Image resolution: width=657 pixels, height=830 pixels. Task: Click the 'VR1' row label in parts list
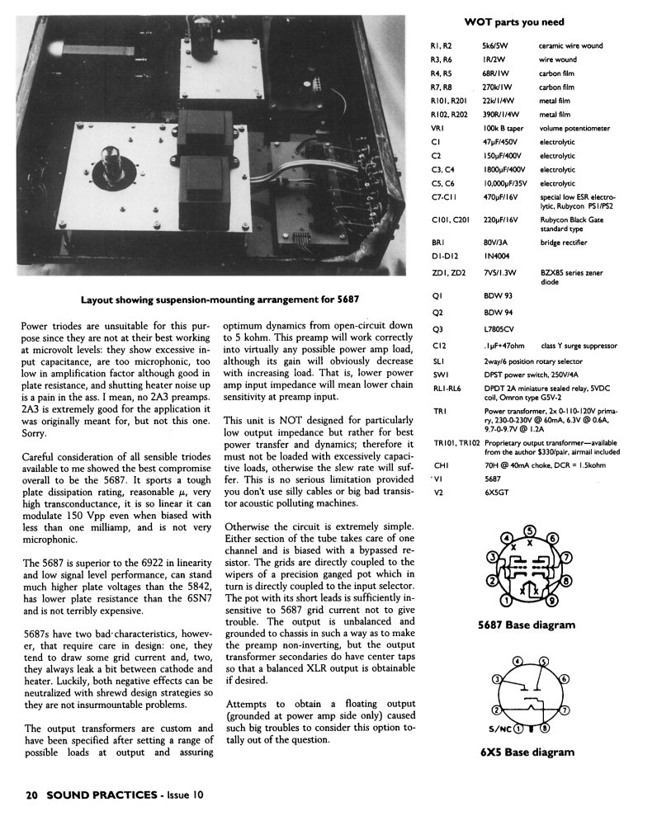[x=438, y=128]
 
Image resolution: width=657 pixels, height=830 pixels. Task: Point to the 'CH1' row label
[x=439, y=465]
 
